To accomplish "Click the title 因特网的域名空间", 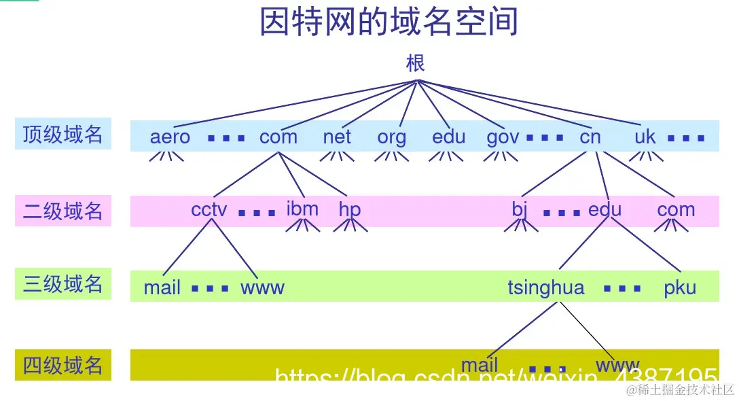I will coord(389,22).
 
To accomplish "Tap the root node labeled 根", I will coord(416,64).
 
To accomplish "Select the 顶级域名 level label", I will coord(62,135).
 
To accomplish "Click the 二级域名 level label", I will coord(62,211).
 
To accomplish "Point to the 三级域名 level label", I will coord(62,283).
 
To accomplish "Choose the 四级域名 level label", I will coord(62,365).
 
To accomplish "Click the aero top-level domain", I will coord(170,137).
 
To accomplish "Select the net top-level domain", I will coord(337,137).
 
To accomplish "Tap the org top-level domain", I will coord(392,137).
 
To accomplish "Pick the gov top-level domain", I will coord(503,137).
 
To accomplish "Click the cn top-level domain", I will coord(590,137).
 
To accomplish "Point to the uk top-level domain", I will coord(645,137).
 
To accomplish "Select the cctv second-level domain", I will coord(209,209).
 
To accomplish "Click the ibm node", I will coord(302,209).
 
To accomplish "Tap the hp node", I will coord(349,210).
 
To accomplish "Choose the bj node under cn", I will coord(520,209).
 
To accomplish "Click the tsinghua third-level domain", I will coord(545,288).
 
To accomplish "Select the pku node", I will coord(680,287).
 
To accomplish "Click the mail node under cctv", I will coord(162,287).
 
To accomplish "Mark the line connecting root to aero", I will coord(292,103).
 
